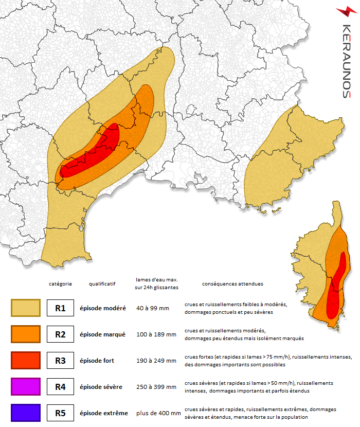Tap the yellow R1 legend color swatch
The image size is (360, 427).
click(25, 308)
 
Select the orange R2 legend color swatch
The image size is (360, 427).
click(25, 334)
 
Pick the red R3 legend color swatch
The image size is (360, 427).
click(25, 360)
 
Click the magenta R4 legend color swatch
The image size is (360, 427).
click(25, 386)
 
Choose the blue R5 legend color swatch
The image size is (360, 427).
click(25, 413)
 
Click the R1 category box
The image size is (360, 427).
click(60, 308)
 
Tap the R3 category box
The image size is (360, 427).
click(60, 361)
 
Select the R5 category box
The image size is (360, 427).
click(60, 413)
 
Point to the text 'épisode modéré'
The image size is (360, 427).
click(102, 308)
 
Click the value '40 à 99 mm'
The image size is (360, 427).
click(153, 308)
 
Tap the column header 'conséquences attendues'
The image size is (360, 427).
click(232, 283)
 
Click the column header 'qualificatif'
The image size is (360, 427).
click(102, 283)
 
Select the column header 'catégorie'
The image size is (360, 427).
click(60, 283)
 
